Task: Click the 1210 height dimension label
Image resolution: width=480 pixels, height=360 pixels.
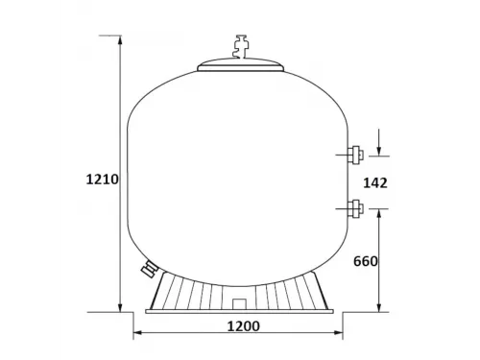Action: [x=102, y=179]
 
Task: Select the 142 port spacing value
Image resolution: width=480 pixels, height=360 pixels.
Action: [x=376, y=182]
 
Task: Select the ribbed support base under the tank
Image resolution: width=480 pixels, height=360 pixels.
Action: [x=240, y=289]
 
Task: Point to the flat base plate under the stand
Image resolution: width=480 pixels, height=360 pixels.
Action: [x=240, y=311]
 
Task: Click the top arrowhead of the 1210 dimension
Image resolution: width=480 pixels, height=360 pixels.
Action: [x=120, y=41]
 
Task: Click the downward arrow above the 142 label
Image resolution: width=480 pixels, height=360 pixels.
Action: [x=381, y=148]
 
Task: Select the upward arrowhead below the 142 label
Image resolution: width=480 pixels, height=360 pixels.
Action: [x=381, y=213]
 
